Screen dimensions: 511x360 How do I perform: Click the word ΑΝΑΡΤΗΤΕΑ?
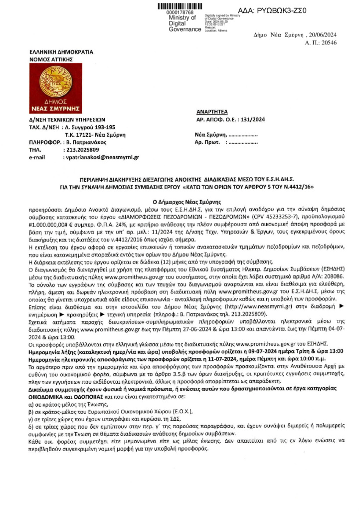pos(212,113)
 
